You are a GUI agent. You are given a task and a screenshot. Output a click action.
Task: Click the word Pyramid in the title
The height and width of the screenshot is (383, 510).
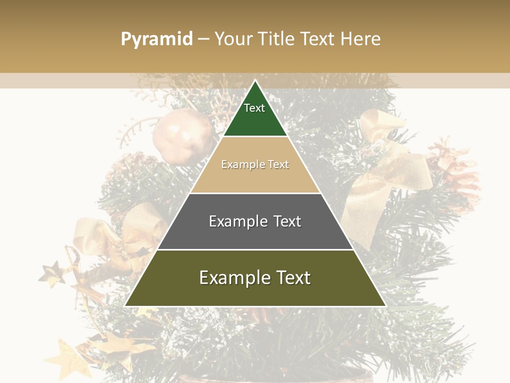click(156, 39)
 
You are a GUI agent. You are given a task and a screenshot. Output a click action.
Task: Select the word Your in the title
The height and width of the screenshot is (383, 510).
click(233, 39)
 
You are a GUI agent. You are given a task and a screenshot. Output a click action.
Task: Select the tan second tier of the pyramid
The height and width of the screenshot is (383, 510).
click(255, 176)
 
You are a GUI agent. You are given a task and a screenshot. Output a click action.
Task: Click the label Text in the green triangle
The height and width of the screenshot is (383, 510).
click(254, 108)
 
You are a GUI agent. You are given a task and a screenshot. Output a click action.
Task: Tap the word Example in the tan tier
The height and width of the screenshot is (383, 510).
click(237, 164)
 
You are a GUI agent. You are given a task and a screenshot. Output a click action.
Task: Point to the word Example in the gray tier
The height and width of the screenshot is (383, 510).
click(232, 221)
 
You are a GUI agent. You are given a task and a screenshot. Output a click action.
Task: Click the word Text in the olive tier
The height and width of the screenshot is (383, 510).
click(292, 278)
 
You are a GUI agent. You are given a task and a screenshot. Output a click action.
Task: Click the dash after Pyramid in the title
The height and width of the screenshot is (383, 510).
click(203, 39)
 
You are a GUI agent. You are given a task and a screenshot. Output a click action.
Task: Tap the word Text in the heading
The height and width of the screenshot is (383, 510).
click(318, 39)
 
